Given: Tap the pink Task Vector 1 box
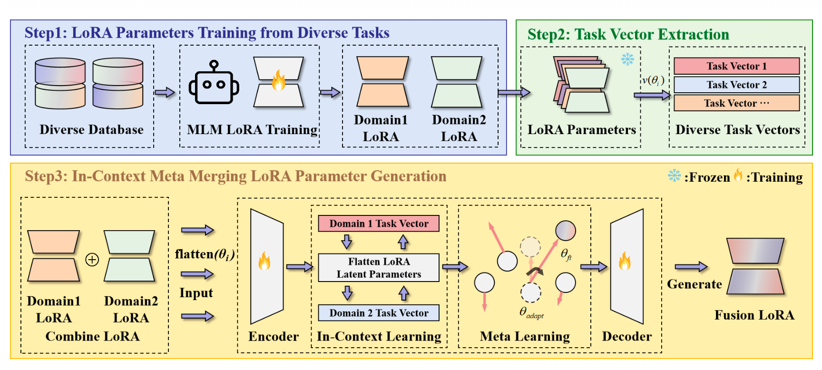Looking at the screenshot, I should tap(736, 66).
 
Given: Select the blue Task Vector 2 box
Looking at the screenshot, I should tap(736, 85).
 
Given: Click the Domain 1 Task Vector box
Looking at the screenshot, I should tap(379, 224).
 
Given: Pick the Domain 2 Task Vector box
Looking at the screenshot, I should tap(379, 313).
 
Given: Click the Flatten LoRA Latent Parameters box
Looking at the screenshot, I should tap(379, 268).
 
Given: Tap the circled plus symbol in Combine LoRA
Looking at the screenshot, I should tap(92, 260).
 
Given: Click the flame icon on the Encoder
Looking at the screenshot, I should tap(264, 261).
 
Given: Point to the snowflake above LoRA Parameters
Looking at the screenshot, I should tap(627, 59).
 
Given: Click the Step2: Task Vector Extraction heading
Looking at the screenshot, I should tap(628, 34).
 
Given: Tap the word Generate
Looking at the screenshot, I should tap(694, 284).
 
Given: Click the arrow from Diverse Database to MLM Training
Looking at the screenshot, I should tap(165, 92).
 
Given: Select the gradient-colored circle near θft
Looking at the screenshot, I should tap(566, 230).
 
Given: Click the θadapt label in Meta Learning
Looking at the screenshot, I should tap(531, 313).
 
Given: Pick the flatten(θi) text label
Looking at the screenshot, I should tap(205, 254).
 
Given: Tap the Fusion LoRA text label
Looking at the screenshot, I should tap(754, 315).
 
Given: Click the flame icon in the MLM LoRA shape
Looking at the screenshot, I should tap(278, 81).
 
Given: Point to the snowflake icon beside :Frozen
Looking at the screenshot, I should tap(674, 175).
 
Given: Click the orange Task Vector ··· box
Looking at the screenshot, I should tap(736, 103).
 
